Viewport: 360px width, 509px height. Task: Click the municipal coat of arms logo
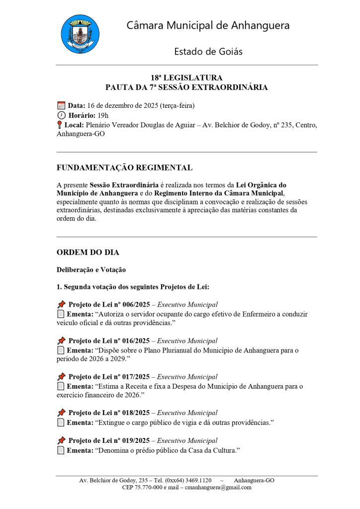click(x=80, y=34)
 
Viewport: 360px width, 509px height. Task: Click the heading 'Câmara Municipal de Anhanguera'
click(x=208, y=25)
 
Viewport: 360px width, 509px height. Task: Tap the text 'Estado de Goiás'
click(x=208, y=51)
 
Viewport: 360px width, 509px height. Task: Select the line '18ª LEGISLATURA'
click(x=186, y=78)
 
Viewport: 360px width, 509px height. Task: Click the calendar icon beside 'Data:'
click(x=61, y=105)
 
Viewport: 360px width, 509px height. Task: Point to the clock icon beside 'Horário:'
click(x=62, y=115)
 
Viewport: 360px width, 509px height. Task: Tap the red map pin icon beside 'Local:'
click(x=60, y=125)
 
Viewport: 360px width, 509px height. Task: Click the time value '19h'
click(x=103, y=115)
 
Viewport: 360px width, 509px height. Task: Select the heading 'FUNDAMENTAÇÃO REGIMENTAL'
click(x=124, y=168)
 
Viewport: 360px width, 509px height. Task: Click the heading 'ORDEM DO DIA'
click(x=88, y=253)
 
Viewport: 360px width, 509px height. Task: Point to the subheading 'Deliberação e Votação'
click(x=91, y=270)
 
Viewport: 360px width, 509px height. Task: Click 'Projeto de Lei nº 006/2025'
click(x=109, y=305)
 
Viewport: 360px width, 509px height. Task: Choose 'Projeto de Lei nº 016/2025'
click(x=109, y=341)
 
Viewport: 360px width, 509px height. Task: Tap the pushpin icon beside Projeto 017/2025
click(x=61, y=377)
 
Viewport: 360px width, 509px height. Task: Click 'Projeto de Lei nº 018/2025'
click(x=109, y=413)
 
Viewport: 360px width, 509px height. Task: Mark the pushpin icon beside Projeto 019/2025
click(x=61, y=440)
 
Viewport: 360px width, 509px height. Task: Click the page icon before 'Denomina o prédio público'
click(x=61, y=450)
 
